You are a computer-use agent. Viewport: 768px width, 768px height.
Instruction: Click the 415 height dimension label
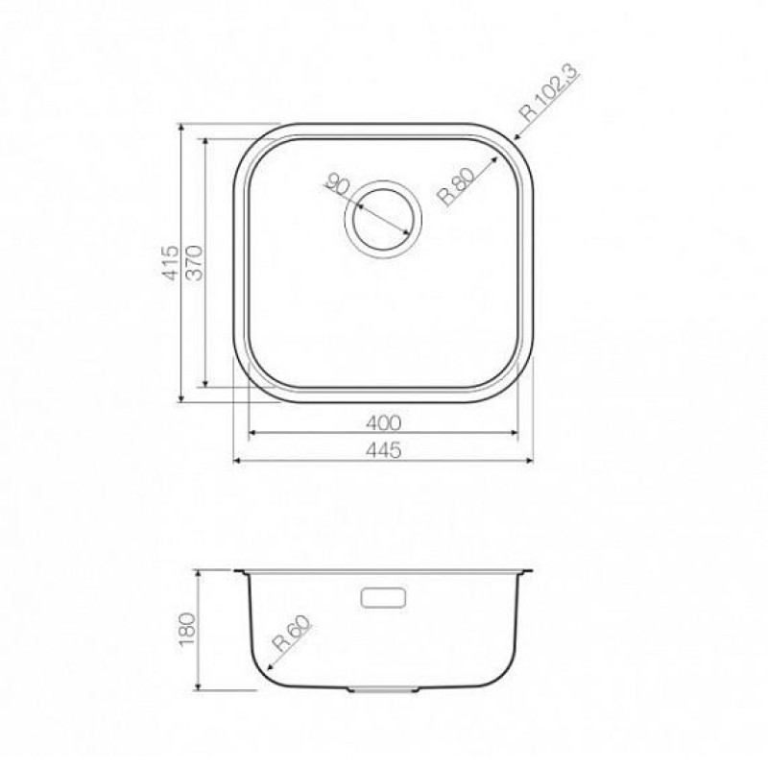click(x=171, y=262)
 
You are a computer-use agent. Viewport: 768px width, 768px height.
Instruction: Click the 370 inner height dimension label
click(x=195, y=262)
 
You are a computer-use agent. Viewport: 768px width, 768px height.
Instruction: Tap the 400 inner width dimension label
click(x=383, y=422)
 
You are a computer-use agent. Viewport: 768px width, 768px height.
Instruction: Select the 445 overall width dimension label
click(x=383, y=450)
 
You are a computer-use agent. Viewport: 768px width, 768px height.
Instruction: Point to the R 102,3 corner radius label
click(x=550, y=93)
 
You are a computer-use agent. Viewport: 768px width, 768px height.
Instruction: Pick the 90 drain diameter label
click(x=338, y=184)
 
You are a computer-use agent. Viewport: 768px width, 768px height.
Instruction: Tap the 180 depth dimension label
click(x=187, y=629)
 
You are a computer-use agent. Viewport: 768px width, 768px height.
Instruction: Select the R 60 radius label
click(x=293, y=634)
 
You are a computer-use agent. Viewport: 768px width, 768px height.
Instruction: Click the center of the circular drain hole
click(x=383, y=219)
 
